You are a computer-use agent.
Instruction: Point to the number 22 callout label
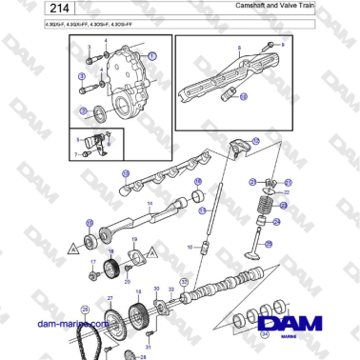tap(285, 191)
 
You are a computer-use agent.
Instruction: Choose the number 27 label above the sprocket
tap(110, 298)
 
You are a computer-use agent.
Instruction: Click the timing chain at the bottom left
tap(91, 334)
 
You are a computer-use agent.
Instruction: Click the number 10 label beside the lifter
tap(190, 247)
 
